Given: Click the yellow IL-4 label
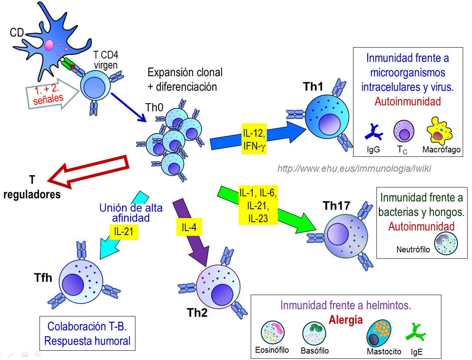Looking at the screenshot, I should click(x=189, y=227).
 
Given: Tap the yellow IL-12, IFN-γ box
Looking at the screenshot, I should click(x=254, y=138).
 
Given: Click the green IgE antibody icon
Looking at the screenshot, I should click(x=415, y=333).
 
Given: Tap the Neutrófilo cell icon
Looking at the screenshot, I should click(x=445, y=244).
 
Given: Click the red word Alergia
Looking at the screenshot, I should click(x=345, y=320).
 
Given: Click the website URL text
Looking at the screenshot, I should click(x=354, y=169).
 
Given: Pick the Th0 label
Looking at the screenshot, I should click(x=154, y=108).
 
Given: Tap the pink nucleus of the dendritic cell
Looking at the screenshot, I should click(x=49, y=44).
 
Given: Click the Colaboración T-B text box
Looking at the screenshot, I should click(x=87, y=333).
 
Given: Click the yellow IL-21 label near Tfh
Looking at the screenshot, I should click(x=124, y=231).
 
